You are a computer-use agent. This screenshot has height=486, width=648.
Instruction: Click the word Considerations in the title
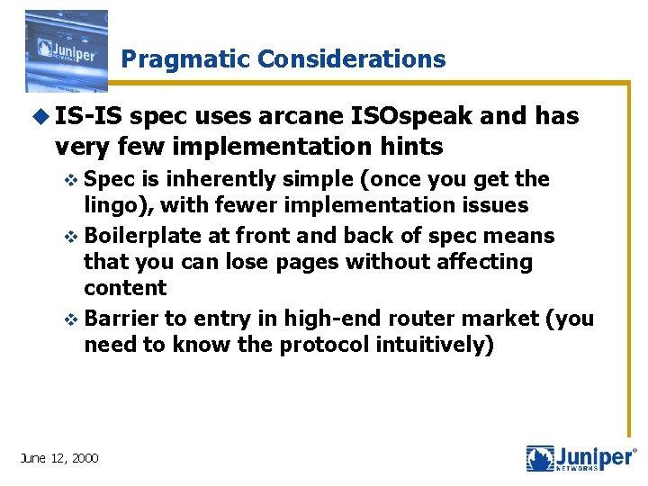coord(351,59)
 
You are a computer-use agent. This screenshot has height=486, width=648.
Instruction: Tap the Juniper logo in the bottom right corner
coord(580,458)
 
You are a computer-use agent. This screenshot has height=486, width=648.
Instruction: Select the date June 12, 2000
coord(59,458)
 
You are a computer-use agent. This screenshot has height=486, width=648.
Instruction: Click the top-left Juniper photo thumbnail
coord(66,51)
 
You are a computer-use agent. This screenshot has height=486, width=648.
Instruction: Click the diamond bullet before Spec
coord(75,180)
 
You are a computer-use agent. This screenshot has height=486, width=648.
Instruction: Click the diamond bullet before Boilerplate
coord(75,237)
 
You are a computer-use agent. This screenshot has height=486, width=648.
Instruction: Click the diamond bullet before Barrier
coord(75,319)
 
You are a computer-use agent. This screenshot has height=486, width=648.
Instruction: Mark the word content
coord(125,288)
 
